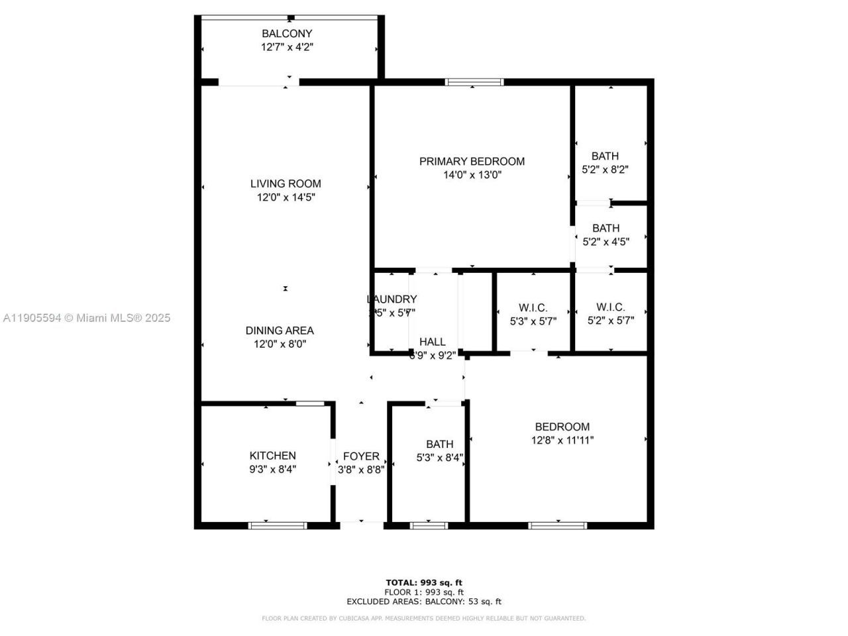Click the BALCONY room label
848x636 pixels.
point(287,34)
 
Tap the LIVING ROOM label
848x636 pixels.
point(286,184)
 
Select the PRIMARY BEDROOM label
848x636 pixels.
point(472,161)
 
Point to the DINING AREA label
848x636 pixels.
point(280,331)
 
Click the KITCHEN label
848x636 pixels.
point(272,456)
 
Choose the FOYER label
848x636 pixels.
point(361,456)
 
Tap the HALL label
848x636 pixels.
point(433,342)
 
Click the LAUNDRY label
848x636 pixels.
point(392,299)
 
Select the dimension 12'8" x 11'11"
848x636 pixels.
point(562,440)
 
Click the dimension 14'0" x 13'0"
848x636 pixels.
point(472,176)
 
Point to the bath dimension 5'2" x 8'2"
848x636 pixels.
point(605,170)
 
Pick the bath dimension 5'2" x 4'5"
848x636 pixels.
point(606,242)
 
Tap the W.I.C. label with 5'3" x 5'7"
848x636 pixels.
point(533,307)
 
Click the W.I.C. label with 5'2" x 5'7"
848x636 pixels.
point(610,307)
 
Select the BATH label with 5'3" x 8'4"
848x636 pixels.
point(440,445)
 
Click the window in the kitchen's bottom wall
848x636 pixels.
point(278,525)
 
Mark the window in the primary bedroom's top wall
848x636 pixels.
point(474,82)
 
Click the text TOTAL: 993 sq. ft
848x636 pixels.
point(424,582)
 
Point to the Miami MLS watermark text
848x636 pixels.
point(86,318)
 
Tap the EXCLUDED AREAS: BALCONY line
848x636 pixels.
point(424,602)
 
